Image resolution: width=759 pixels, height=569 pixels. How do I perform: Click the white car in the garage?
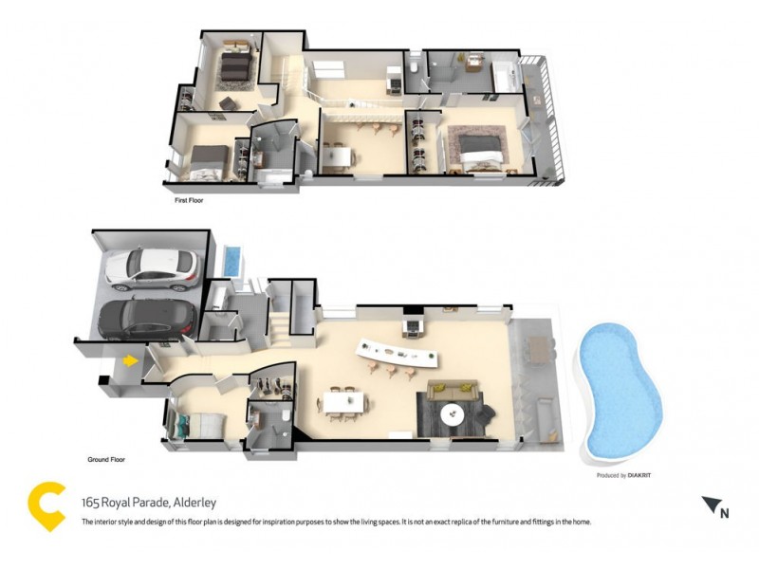point(152,269)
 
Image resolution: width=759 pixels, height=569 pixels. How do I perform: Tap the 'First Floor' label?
point(189,201)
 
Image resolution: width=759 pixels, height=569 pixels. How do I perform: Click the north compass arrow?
point(711,506)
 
